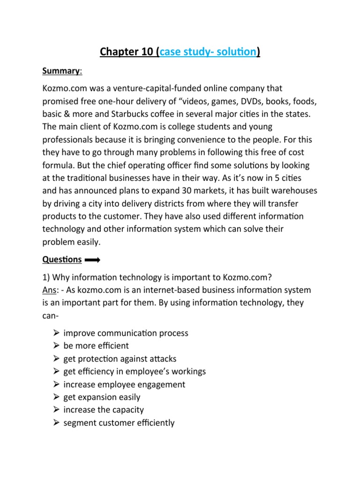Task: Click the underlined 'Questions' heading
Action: (62, 259)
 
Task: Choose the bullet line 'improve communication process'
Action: (126, 333)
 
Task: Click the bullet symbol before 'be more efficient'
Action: (56, 346)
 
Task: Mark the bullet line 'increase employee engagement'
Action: (124, 385)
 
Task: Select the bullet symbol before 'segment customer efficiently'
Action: (56, 423)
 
